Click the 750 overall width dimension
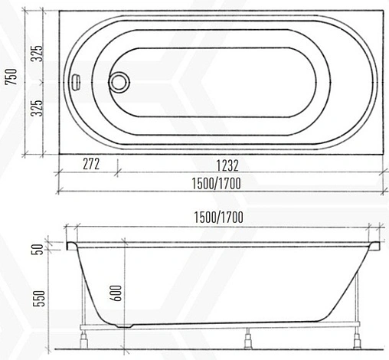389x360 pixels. tap(10, 78)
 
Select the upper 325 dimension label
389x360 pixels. tap(37, 52)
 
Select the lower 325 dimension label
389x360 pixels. tap(37, 110)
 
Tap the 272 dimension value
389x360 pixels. tap(90, 164)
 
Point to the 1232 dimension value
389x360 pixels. tap(226, 164)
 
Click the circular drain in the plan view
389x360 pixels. tap(119, 82)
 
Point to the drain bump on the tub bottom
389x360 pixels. tap(123, 324)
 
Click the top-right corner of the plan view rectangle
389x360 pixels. tap(384, 8)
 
